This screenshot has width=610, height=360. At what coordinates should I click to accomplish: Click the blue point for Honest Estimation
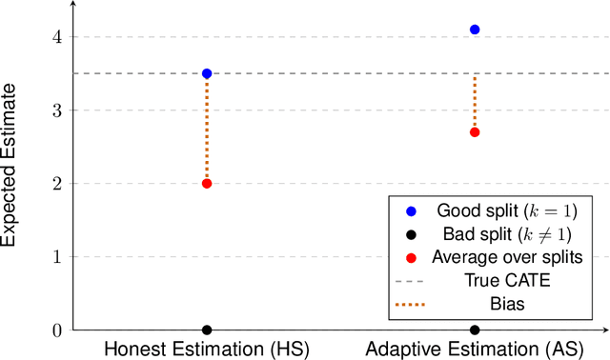tap(207, 73)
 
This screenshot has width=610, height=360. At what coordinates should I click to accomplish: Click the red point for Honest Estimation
tap(207, 183)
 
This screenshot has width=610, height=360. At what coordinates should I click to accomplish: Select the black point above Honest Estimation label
tap(207, 330)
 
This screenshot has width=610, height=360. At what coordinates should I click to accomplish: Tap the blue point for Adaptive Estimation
tap(475, 30)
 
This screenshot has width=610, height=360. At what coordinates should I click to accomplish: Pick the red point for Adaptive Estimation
tap(475, 131)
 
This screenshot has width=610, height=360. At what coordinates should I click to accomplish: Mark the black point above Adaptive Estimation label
tap(475, 330)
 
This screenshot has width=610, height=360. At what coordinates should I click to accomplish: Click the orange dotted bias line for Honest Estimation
tap(207, 129)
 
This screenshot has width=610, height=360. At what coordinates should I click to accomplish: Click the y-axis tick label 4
tap(56, 37)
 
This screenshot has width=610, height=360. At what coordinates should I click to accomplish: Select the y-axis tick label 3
tap(56, 110)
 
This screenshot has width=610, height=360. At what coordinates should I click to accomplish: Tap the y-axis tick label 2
tap(56, 184)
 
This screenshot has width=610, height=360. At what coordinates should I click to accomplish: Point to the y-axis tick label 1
tap(56, 257)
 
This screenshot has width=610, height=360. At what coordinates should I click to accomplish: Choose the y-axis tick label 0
tap(56, 330)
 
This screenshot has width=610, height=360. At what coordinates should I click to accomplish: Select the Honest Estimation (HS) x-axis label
tap(207, 350)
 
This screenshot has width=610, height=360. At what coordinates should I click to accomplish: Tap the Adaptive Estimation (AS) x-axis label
tap(475, 350)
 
